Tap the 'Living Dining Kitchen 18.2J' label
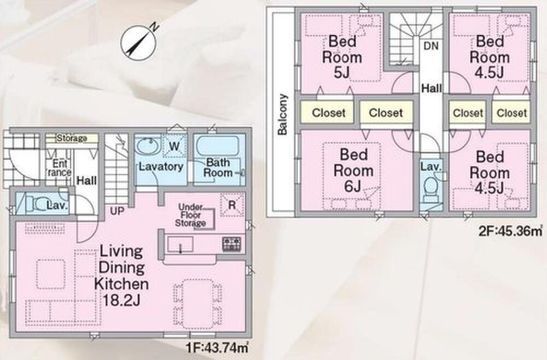coord(121,276)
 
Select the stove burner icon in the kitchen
coord(231,244)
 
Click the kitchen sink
coord(180,244)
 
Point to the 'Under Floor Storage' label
coord(191,215)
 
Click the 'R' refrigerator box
coord(232,205)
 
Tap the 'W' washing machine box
coord(174,146)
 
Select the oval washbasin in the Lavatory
coord(149,147)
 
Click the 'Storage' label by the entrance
coord(72,138)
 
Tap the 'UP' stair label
coord(117,211)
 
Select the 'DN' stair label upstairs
coord(431,46)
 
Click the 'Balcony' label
coord(283,114)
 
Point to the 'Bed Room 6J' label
coord(353,170)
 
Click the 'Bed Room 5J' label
coord(342,57)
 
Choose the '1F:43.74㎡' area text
coord(218,347)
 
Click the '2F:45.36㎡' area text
coord(511,231)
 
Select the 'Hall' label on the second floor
coord(432,88)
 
